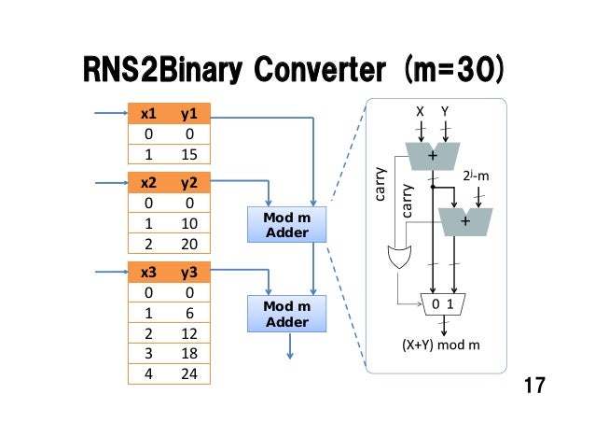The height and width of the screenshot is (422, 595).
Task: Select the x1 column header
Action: point(147,115)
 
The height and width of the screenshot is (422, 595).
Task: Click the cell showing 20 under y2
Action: point(189,243)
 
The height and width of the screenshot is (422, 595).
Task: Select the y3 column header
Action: point(189,273)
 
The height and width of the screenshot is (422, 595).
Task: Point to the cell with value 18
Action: point(189,353)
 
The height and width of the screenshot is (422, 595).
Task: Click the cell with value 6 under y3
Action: point(189,313)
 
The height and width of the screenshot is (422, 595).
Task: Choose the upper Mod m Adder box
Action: point(286,224)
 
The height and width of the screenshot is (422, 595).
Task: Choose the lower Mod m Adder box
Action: point(286,313)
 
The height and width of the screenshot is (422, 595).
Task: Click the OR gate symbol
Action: point(398,257)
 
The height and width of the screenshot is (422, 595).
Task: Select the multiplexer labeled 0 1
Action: point(443,304)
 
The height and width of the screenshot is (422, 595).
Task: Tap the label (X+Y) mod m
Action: point(442,345)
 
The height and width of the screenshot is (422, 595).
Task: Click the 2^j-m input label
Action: point(477,175)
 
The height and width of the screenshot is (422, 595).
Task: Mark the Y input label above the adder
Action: point(445,111)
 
